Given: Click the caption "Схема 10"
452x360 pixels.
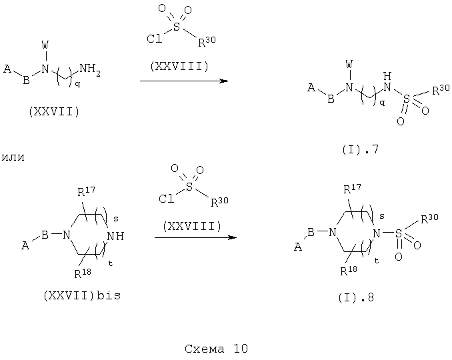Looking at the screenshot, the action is pyautogui.click(x=216, y=349).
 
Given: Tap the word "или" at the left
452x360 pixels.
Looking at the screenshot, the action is pyautogui.click(x=13, y=157).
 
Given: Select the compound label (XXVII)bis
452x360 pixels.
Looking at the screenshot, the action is pyautogui.click(x=82, y=296).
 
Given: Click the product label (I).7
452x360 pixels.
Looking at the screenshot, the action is pyautogui.click(x=360, y=149).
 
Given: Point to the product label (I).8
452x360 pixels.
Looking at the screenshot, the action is pyautogui.click(x=356, y=297).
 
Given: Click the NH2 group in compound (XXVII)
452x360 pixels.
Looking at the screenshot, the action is pyautogui.click(x=90, y=69).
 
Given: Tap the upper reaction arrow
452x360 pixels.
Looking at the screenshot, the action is pyautogui.click(x=184, y=81).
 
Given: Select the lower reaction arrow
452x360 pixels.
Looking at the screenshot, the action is pyautogui.click(x=195, y=237).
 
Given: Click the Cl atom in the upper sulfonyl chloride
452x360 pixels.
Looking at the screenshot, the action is pyautogui.click(x=155, y=39).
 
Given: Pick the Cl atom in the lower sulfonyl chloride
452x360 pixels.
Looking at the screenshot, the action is pyautogui.click(x=167, y=199).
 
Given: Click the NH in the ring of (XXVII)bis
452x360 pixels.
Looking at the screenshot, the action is pyautogui.click(x=115, y=236).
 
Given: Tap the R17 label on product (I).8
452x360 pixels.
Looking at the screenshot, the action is pyautogui.click(x=352, y=189).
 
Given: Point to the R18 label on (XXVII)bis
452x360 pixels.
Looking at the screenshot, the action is pyautogui.click(x=83, y=273).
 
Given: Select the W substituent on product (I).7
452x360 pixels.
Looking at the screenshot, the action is pyautogui.click(x=349, y=64).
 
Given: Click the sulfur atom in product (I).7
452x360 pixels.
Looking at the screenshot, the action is pyautogui.click(x=406, y=99).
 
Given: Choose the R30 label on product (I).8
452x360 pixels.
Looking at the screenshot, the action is pyautogui.click(x=429, y=219).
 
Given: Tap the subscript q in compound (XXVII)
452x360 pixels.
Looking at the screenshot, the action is pyautogui.click(x=77, y=84).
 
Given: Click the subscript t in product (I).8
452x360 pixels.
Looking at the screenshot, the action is pyautogui.click(x=377, y=261).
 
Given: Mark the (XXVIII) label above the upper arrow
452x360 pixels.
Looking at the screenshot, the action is pyautogui.click(x=179, y=67).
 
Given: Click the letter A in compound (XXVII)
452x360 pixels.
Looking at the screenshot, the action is pyautogui.click(x=7, y=69).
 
